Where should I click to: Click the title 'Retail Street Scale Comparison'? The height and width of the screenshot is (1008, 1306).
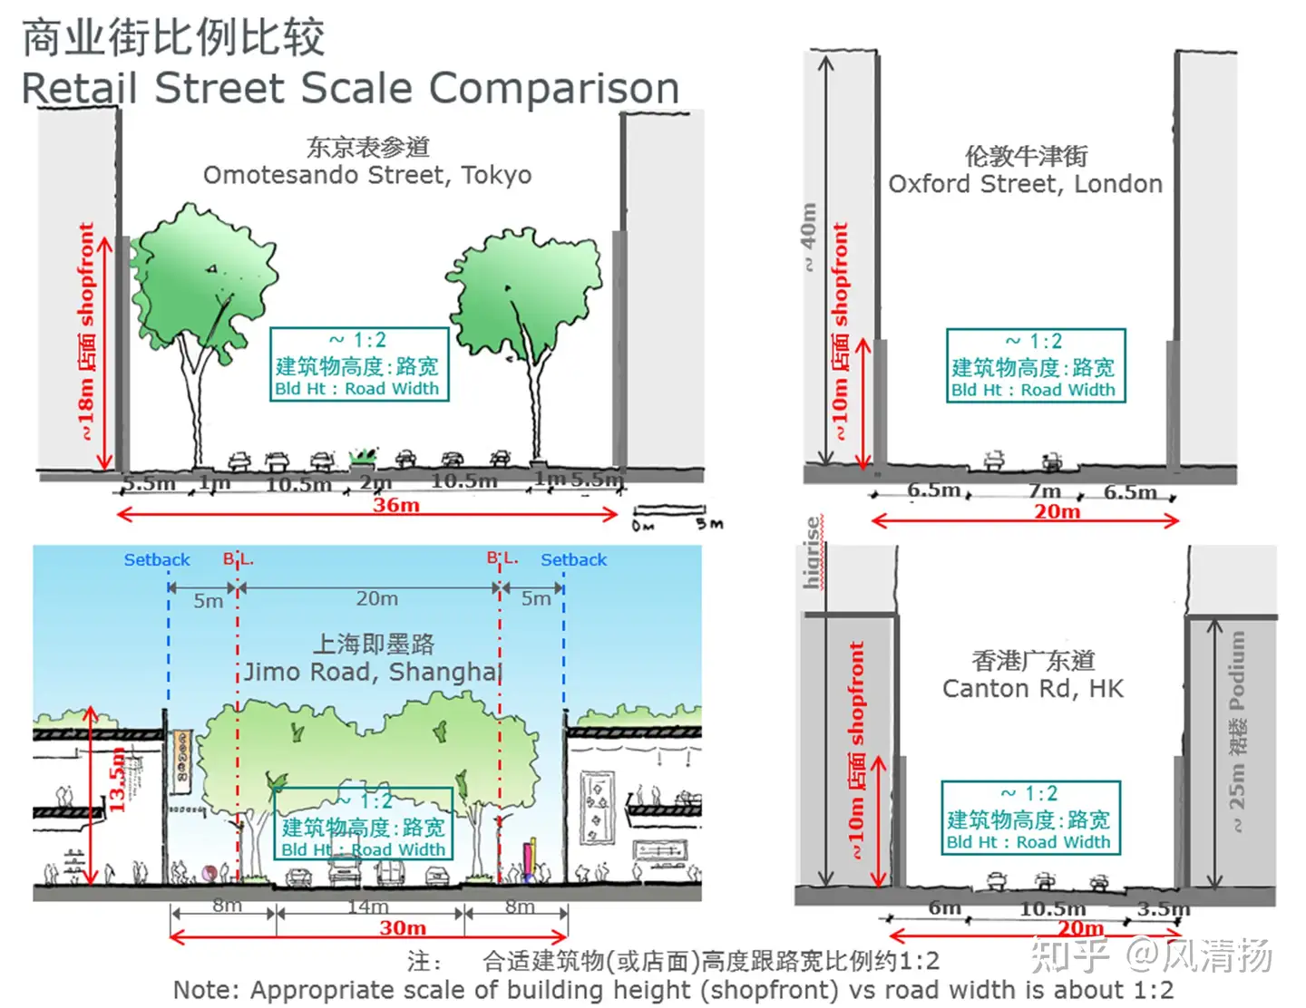click(350, 88)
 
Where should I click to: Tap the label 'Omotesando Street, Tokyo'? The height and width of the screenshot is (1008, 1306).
click(367, 175)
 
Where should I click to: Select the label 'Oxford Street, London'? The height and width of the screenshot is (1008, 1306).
click(1025, 184)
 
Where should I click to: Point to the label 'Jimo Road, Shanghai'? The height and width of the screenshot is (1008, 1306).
click(373, 672)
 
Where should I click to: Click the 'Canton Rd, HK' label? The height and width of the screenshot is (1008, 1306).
click(1032, 689)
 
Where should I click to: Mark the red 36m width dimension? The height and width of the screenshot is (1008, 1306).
click(396, 506)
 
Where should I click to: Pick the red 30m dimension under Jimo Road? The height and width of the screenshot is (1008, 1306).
click(403, 928)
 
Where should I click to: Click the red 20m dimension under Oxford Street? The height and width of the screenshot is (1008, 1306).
click(1057, 512)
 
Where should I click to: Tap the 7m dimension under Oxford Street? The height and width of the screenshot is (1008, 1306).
click(1044, 490)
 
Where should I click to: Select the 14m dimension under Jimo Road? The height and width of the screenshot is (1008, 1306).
click(368, 906)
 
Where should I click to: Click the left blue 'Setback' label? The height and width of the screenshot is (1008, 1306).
click(157, 560)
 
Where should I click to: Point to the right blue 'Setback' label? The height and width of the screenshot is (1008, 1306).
click(573, 560)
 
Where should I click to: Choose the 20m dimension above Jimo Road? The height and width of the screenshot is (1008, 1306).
click(376, 598)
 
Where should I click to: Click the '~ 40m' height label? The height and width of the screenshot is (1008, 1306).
click(807, 237)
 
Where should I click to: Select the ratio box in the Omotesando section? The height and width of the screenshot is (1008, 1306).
click(359, 364)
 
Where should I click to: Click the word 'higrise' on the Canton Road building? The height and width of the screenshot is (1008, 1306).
click(813, 553)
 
